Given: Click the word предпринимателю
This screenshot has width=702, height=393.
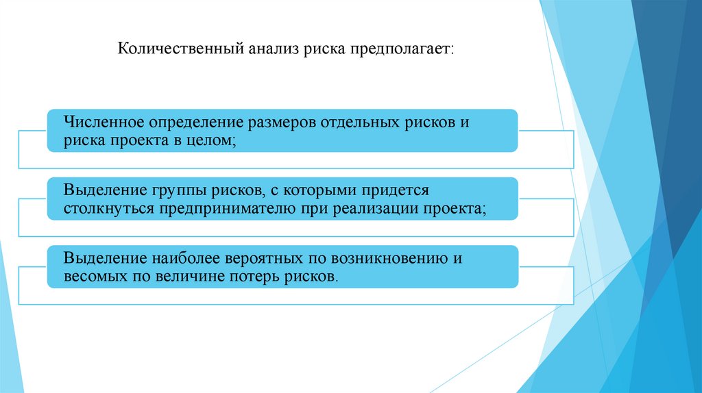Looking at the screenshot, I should pyautogui.click(x=217, y=209).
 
